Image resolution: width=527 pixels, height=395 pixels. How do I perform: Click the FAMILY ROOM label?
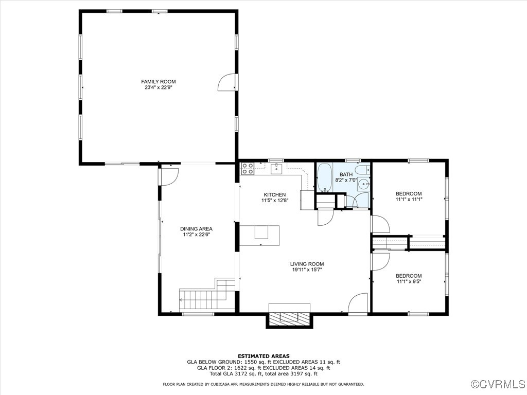point(159,81)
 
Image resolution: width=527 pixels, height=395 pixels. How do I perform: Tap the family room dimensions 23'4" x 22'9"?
point(159,88)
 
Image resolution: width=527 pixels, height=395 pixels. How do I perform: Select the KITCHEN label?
point(274,194)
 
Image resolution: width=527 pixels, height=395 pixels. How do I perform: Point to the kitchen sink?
point(277,168)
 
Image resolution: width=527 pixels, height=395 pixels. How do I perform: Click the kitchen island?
point(260,235)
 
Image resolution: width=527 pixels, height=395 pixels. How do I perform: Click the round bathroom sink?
point(363,184)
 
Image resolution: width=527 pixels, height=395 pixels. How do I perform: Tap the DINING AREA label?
point(196,229)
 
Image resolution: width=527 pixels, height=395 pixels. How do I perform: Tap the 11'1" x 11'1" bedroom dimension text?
point(409,200)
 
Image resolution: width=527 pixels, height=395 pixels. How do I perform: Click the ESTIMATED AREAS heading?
point(263,356)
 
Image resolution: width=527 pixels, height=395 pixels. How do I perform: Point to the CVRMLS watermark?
point(498,384)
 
